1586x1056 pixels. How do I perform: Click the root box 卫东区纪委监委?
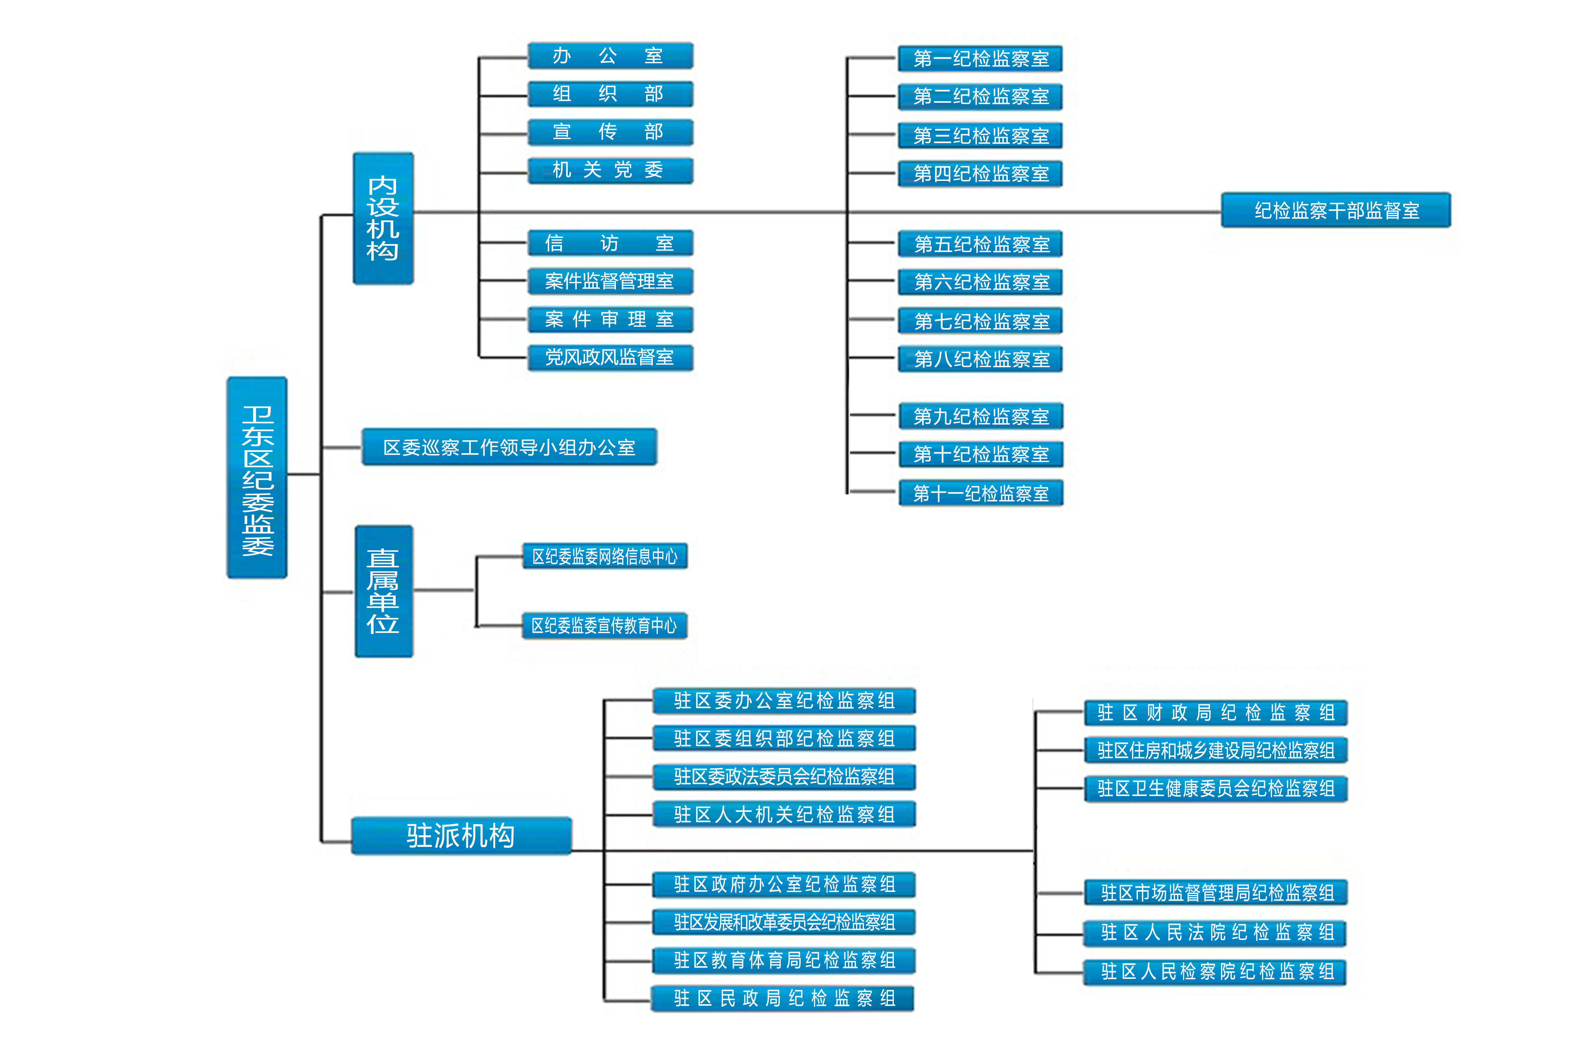[x=257, y=478]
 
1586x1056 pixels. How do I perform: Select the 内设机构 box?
[x=383, y=218]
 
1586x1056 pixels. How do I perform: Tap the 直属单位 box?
[x=383, y=591]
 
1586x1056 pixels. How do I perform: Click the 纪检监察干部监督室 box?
[x=1335, y=210]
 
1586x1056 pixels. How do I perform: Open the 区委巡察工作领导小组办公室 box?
[x=509, y=447]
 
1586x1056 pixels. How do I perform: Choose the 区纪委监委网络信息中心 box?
[x=605, y=556]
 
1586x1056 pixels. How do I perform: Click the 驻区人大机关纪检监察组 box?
[x=784, y=814]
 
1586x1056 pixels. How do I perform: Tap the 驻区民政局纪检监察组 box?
[x=783, y=998]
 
